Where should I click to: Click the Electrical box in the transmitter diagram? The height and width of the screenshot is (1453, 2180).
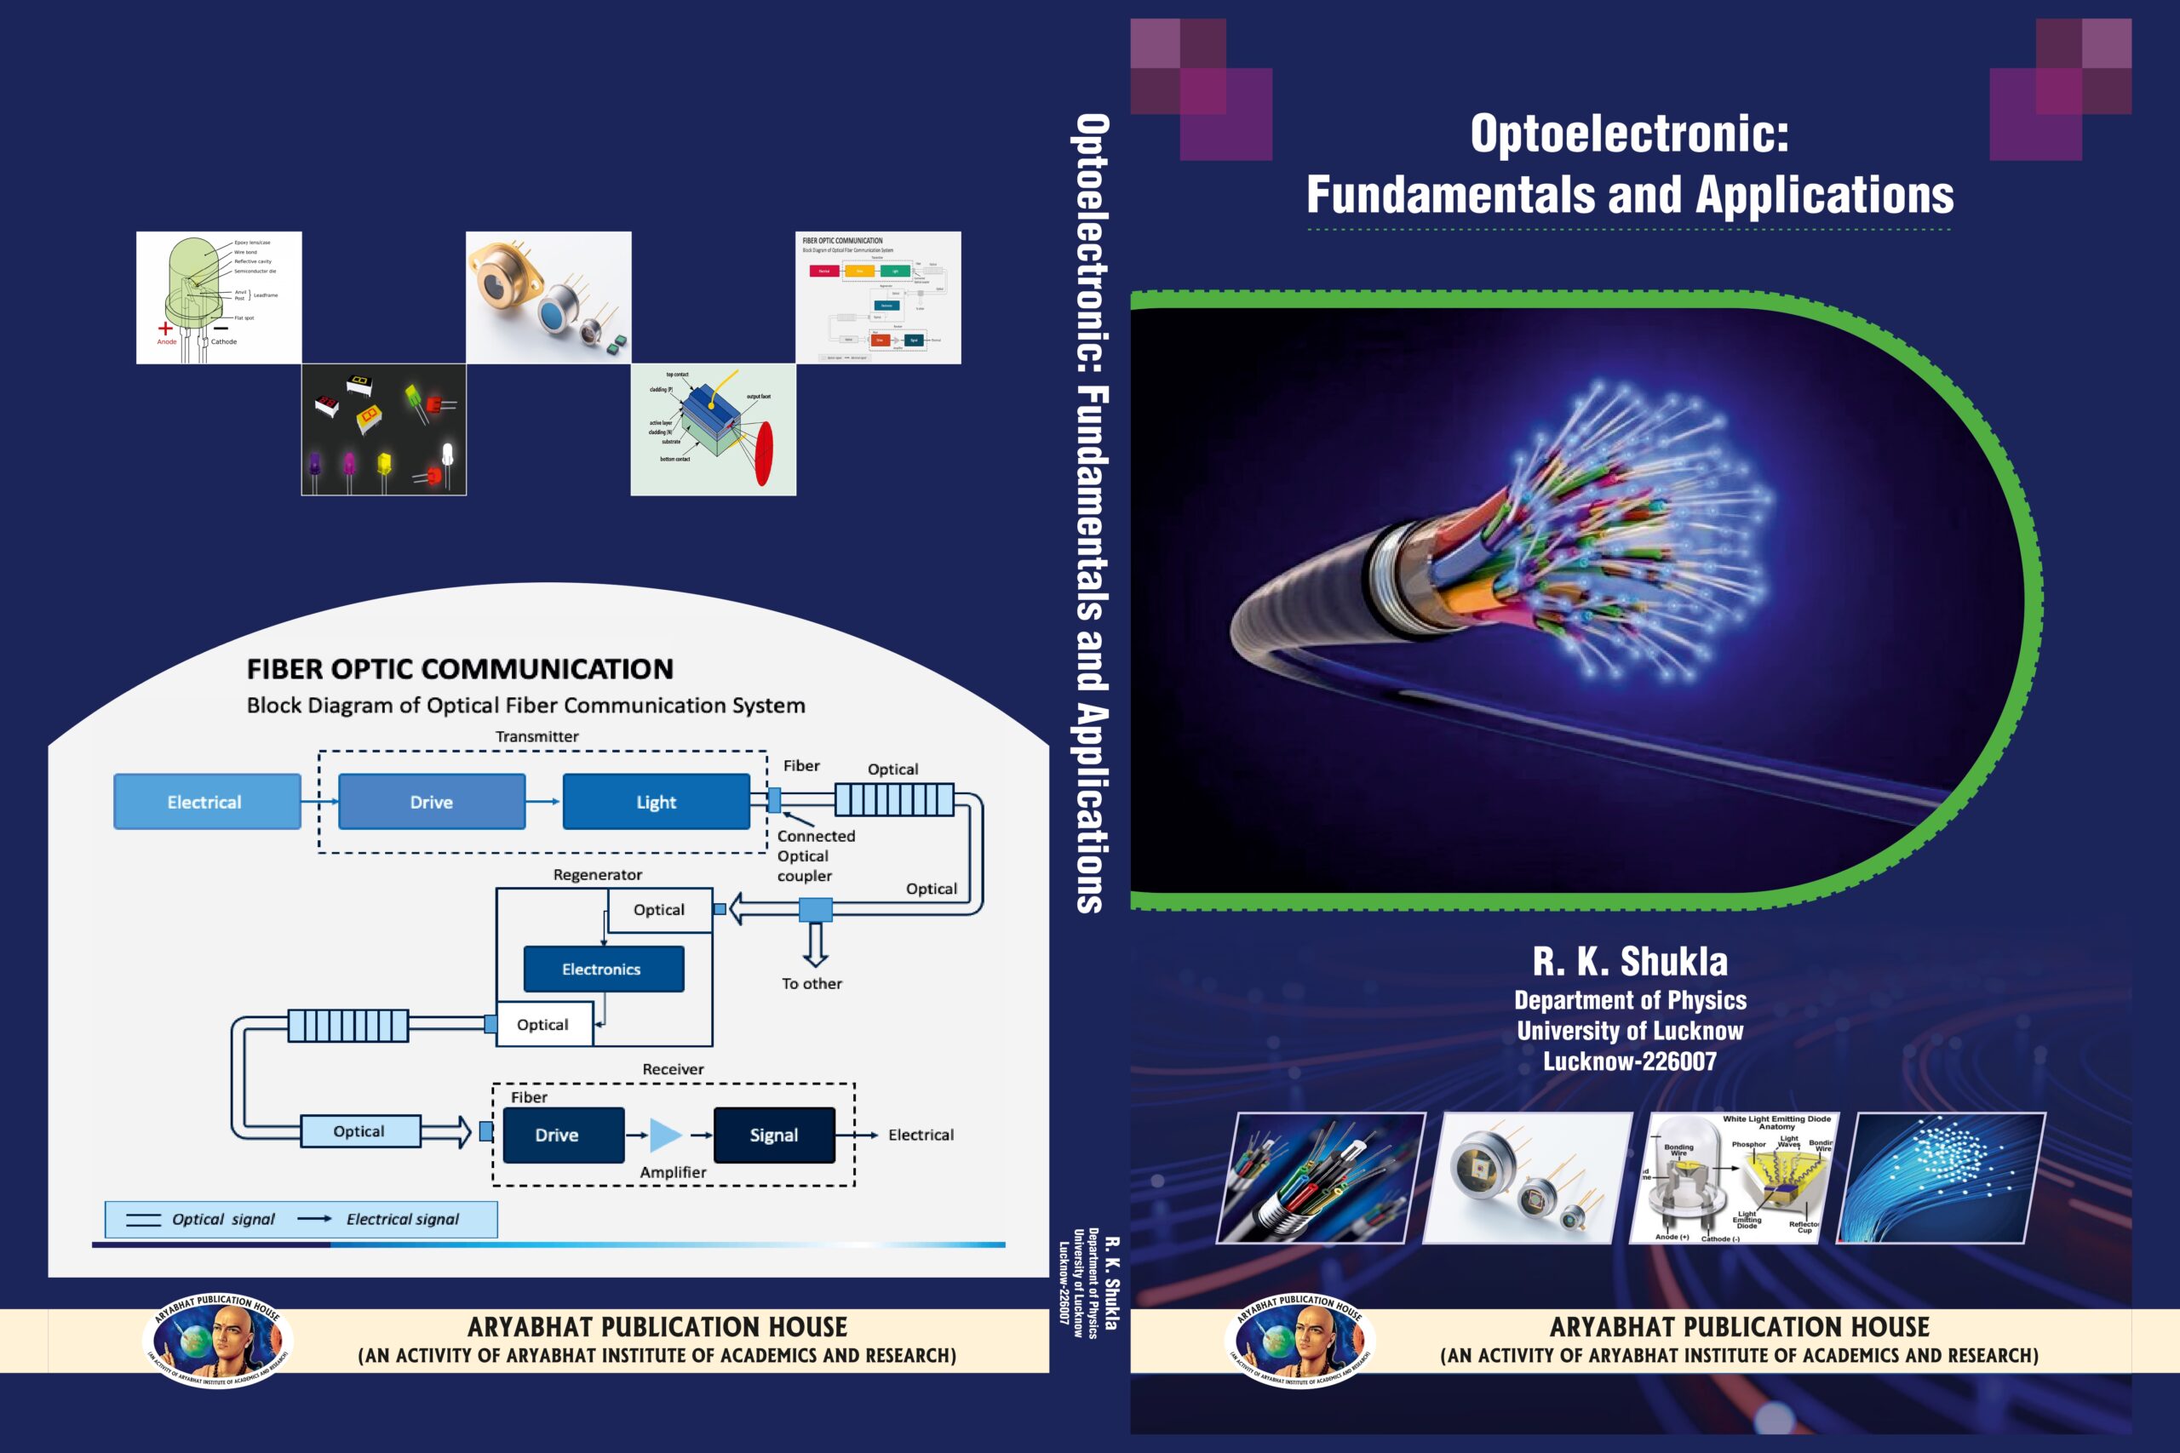207,802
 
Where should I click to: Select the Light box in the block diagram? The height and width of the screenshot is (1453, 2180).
657,802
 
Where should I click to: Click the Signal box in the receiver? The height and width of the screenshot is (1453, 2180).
774,1136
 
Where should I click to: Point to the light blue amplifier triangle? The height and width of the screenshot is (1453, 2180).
664,1135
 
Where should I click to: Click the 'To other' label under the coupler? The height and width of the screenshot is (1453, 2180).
812,984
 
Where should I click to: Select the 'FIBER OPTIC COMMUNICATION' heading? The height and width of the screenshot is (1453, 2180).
460,669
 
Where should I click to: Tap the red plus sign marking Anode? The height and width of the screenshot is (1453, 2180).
165,328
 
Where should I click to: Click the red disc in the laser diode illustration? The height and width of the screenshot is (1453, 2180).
764,453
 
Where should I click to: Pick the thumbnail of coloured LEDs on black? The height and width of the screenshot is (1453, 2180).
384,429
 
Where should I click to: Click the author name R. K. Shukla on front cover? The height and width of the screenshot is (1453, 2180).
1629,962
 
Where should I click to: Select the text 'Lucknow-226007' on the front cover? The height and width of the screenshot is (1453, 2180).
1629,1062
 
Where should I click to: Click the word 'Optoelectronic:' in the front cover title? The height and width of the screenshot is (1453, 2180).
1629,134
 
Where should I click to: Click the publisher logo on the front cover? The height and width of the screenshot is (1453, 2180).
1299,1340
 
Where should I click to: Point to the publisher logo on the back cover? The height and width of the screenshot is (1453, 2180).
218,1340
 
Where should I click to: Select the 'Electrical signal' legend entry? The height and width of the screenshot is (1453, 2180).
402,1220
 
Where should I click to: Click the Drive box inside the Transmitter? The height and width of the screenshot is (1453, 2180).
432,802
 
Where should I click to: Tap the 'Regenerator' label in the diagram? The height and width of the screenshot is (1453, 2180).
597,875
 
